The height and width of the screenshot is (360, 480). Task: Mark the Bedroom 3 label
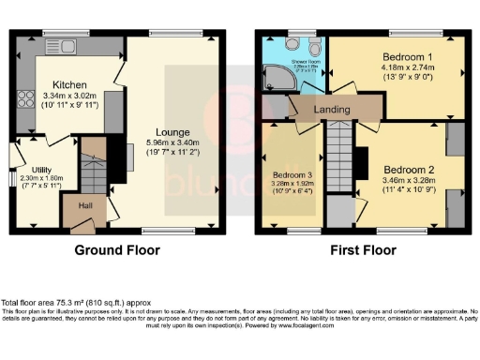292,175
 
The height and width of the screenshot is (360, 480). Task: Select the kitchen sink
67,44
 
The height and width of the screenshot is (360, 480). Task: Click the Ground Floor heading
117,251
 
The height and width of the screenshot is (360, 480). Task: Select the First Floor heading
361,251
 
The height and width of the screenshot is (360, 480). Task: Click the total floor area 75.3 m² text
76,303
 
